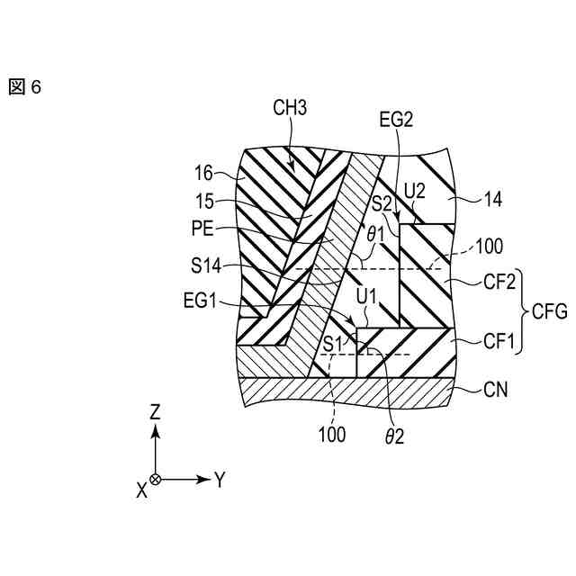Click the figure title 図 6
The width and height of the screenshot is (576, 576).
pyautogui.click(x=26, y=87)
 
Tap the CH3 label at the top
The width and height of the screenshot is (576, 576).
pyautogui.click(x=290, y=109)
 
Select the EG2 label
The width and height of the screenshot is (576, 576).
pyautogui.click(x=396, y=119)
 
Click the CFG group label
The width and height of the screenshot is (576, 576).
pyautogui.click(x=548, y=312)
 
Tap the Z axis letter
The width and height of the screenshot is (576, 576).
pyautogui.click(x=155, y=412)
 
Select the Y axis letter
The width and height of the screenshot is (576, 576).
pyautogui.click(x=219, y=479)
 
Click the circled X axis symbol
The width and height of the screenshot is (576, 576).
pyautogui.click(x=155, y=480)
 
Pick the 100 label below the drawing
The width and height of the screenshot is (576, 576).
pyautogui.click(x=332, y=434)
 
